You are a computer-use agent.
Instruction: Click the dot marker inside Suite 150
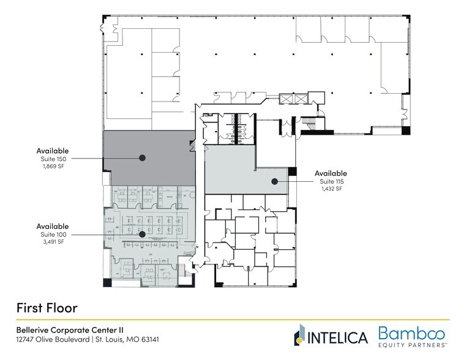pyautogui.click(x=142, y=157)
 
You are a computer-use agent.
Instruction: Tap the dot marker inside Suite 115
pyautogui.click(x=276, y=181)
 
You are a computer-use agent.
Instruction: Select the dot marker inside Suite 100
pyautogui.click(x=141, y=233)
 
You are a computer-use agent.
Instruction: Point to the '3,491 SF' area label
pyautogui.click(x=52, y=242)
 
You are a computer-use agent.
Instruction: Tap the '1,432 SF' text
pyautogui.click(x=331, y=189)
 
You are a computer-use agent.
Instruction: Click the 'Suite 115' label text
pyautogui.click(x=331, y=181)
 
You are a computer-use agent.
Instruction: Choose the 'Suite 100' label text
pyautogui.click(x=52, y=234)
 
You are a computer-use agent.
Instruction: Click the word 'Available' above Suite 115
pyautogui.click(x=331, y=173)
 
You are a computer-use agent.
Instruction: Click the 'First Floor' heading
pyautogui.click(x=47, y=306)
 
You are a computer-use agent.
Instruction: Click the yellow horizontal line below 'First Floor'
pyautogui.click(x=233, y=320)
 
